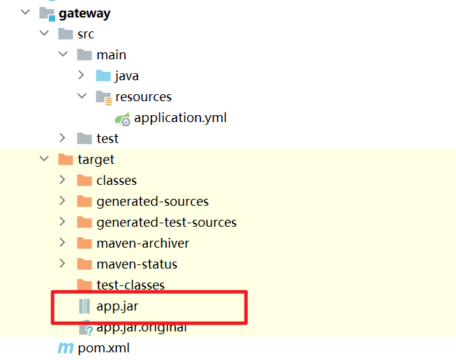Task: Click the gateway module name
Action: tap(85, 13)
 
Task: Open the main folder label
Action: tap(111, 55)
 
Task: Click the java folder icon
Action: tap(103, 76)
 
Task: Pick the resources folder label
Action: tap(143, 97)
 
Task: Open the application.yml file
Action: tap(180, 118)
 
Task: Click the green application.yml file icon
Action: tap(123, 118)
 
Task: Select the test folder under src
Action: tap(108, 139)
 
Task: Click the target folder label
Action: tap(96, 160)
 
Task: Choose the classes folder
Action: tap(117, 181)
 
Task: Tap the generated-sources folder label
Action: tap(152, 202)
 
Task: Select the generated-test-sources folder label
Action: tap(166, 223)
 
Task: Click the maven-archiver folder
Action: tap(142, 243)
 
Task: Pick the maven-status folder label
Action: tap(137, 264)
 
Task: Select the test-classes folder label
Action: tap(131, 285)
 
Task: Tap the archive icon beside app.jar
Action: tap(84, 306)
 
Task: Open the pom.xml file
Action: tap(103, 347)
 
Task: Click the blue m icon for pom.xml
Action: tap(66, 347)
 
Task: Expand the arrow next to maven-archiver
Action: tap(63, 243)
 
